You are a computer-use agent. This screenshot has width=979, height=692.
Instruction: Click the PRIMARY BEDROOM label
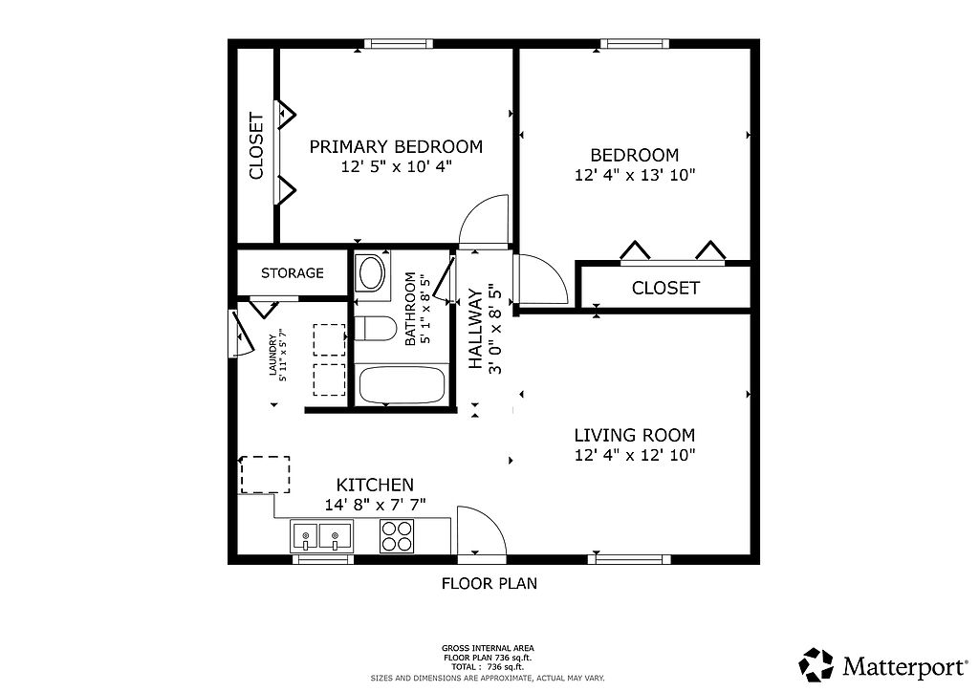pyautogui.click(x=396, y=147)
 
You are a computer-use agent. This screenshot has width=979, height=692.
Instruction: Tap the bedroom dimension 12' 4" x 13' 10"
pyautogui.click(x=635, y=175)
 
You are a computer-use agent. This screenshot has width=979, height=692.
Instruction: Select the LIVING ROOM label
pyautogui.click(x=635, y=435)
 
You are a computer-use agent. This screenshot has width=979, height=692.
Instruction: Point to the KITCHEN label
pyautogui.click(x=375, y=485)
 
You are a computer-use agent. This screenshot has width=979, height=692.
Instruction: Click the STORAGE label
pyautogui.click(x=293, y=273)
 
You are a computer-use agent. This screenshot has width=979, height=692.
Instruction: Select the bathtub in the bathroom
pyautogui.click(x=402, y=385)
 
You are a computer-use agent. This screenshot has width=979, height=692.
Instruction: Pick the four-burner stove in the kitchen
pyautogui.click(x=397, y=536)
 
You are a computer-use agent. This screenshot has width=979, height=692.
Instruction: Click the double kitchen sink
pyautogui.click(x=321, y=537)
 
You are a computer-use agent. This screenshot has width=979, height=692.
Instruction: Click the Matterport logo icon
pyautogui.click(x=816, y=664)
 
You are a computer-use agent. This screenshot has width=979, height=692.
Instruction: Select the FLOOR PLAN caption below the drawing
pyautogui.click(x=489, y=584)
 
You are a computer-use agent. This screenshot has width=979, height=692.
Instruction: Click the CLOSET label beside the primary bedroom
pyautogui.click(x=256, y=146)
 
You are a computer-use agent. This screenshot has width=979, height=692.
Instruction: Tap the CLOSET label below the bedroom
pyautogui.click(x=665, y=289)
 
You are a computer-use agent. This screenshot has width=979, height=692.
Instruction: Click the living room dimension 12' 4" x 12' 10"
pyautogui.click(x=635, y=455)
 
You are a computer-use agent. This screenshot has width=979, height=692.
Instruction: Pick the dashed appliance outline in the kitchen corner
pyautogui.click(x=266, y=475)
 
